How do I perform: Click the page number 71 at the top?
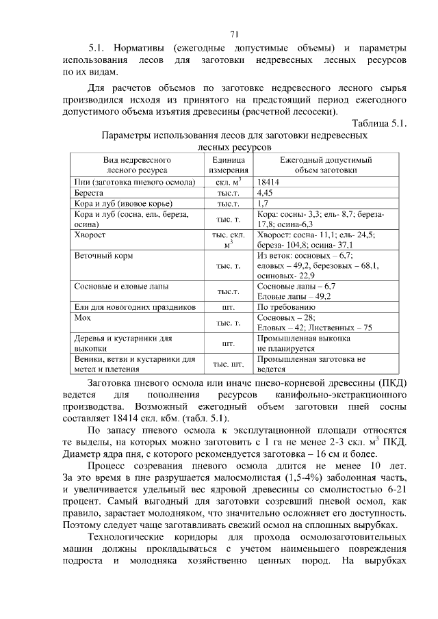[233, 34]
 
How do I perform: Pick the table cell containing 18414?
[269, 183]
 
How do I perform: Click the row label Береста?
[88, 194]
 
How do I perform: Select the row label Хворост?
[90, 234]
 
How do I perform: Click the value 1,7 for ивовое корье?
[263, 204]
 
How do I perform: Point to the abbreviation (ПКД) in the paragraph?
[390, 382]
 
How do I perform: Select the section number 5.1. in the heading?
[101, 48]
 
